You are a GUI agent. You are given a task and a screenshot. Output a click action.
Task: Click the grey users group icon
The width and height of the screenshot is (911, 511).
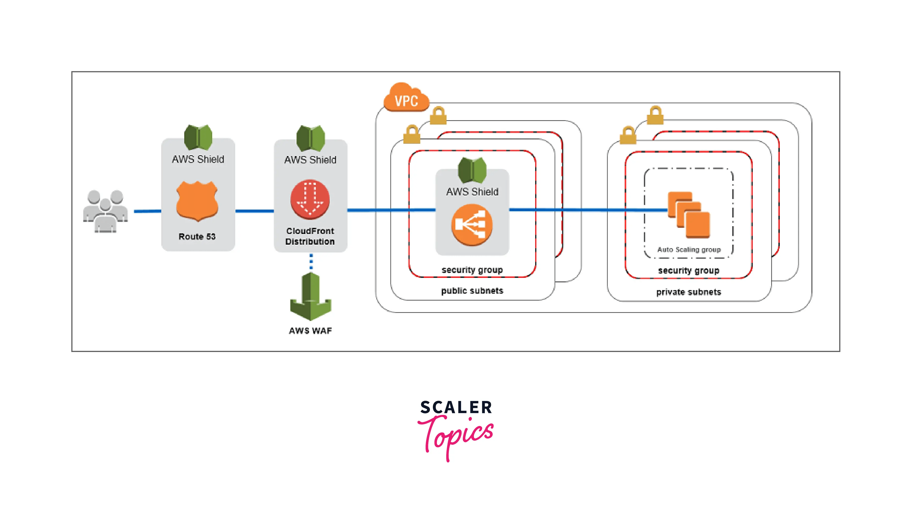105,211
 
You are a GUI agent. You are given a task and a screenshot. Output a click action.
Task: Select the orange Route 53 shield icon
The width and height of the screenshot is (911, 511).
197,201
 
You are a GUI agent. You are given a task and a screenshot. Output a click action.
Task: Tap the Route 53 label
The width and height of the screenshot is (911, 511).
197,236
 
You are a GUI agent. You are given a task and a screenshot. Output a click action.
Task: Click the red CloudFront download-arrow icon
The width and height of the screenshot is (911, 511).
310,199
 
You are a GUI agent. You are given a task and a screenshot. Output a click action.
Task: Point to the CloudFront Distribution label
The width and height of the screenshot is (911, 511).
310,236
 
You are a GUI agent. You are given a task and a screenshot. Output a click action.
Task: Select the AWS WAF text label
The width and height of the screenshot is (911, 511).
310,331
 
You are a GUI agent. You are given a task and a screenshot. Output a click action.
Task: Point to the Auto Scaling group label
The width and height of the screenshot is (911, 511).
689,249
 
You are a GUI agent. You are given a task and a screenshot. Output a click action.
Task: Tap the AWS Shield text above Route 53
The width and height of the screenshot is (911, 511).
198,159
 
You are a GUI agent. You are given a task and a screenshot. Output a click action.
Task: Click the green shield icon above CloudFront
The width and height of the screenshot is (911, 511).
310,138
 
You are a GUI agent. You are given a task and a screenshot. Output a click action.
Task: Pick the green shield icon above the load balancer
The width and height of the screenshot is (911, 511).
472,170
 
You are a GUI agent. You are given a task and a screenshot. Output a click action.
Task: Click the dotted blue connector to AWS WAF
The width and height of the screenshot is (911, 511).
311,262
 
